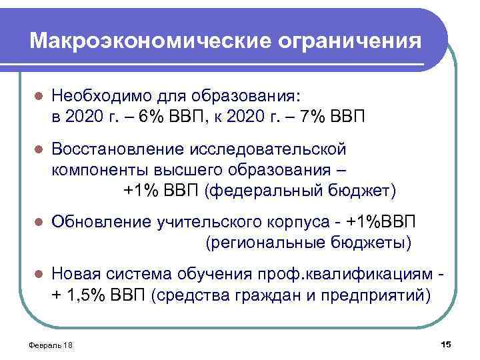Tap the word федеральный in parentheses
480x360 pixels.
[266, 191]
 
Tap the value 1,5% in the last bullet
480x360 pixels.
[91, 295]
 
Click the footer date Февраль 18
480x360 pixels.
[52, 344]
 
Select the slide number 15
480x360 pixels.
[446, 343]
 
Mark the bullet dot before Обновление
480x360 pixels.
[39, 221]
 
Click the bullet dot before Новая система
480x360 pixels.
[39, 274]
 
